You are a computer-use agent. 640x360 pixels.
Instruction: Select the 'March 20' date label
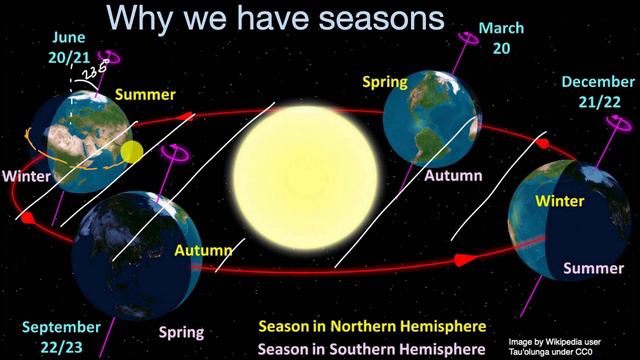(x=500, y=37)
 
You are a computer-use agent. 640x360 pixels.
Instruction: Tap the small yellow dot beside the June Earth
(x=132, y=153)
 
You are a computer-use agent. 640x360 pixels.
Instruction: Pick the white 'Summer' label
(x=592, y=268)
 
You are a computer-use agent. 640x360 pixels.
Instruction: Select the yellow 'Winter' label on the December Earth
(x=561, y=200)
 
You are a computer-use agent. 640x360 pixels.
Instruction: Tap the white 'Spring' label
(x=180, y=332)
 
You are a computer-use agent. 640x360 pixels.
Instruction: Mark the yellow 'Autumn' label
(x=204, y=250)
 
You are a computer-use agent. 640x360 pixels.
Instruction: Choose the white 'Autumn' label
(x=453, y=175)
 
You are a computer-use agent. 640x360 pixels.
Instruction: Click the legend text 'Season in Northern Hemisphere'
(x=372, y=327)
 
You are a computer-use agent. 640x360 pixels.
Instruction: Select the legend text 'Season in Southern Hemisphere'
(x=372, y=349)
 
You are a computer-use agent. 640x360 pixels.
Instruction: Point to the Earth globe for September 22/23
(x=122, y=244)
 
